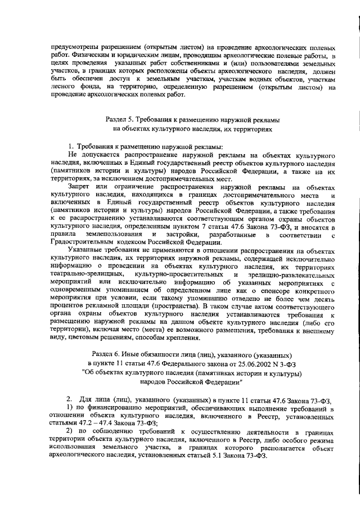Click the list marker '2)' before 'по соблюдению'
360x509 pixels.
point(70,431)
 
